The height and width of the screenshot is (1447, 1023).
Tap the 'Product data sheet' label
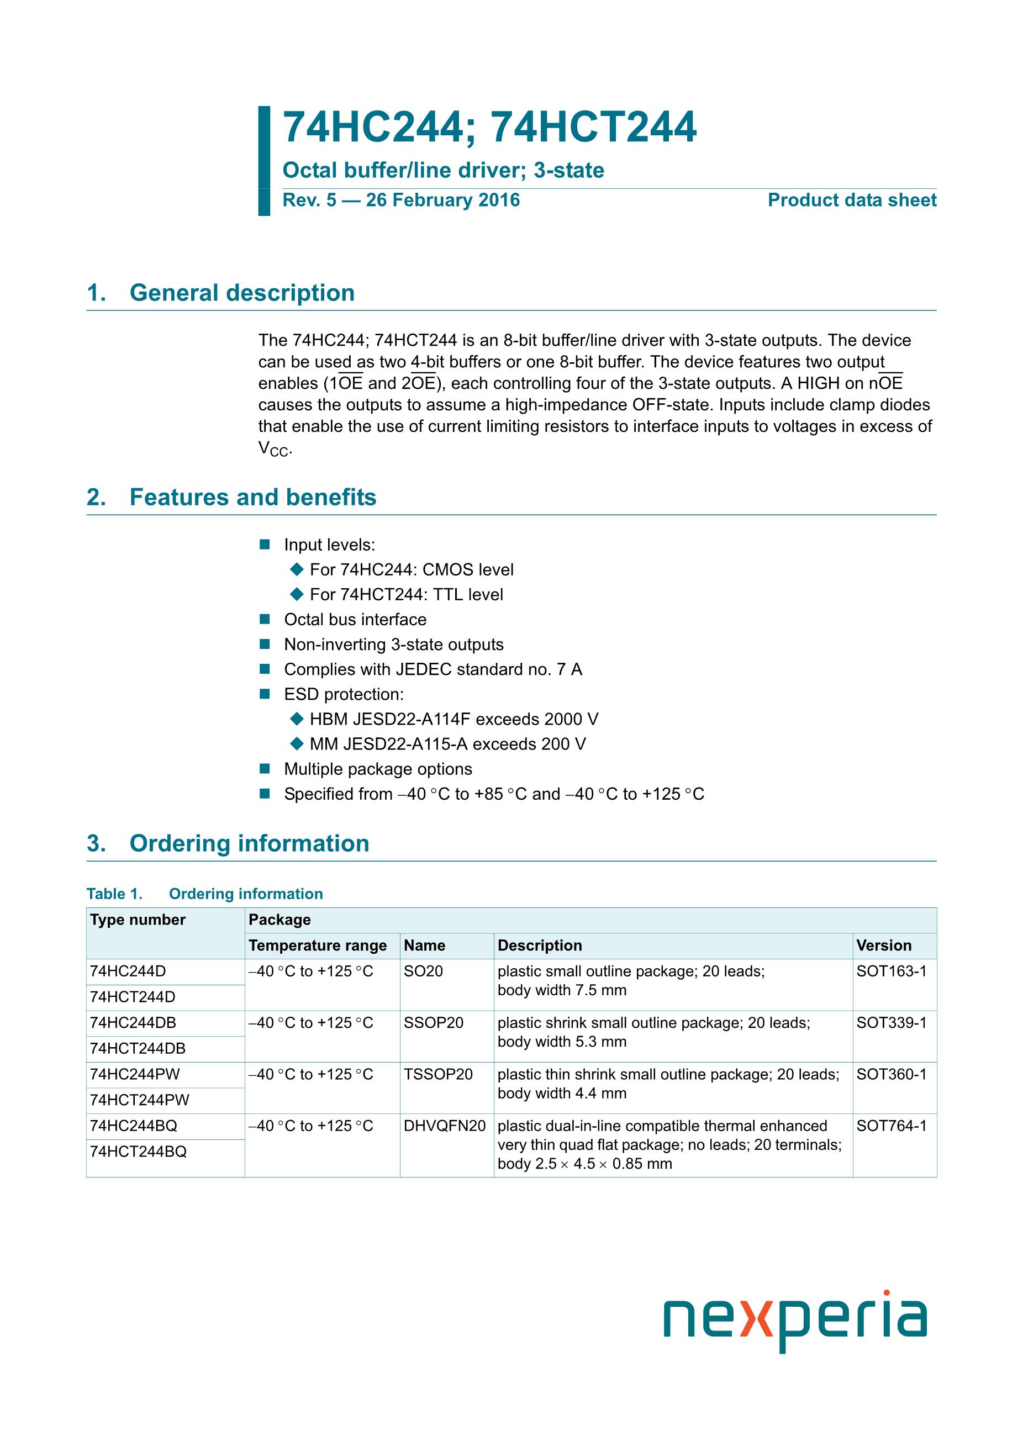[x=852, y=200]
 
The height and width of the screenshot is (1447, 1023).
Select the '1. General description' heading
[x=220, y=293]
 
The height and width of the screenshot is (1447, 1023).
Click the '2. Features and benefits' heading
[x=231, y=497]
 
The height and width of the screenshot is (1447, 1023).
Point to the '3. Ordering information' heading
[x=228, y=843]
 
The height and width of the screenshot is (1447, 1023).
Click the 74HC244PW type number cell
[x=135, y=1074]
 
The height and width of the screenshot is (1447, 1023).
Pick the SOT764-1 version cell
[x=892, y=1126]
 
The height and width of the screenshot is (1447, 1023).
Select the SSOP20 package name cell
[x=433, y=1022]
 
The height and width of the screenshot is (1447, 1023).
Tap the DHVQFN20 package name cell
[x=444, y=1126]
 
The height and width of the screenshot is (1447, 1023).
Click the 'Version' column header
[x=884, y=946]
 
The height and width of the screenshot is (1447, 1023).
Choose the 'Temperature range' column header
[x=318, y=946]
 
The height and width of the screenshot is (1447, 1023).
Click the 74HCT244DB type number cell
[x=138, y=1048]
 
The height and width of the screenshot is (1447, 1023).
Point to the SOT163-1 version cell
[x=892, y=971]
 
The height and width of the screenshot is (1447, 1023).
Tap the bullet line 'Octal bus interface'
[x=355, y=620]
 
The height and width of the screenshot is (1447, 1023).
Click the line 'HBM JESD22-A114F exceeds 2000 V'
[x=454, y=719]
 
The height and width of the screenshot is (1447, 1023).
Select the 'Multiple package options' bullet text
[x=378, y=769]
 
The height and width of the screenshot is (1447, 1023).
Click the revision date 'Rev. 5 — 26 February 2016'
[x=401, y=200]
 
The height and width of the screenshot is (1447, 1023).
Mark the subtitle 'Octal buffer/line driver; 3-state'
[x=443, y=170]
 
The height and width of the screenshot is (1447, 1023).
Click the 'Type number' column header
[x=138, y=920]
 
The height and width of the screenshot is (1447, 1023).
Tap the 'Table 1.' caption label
[x=114, y=894]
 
